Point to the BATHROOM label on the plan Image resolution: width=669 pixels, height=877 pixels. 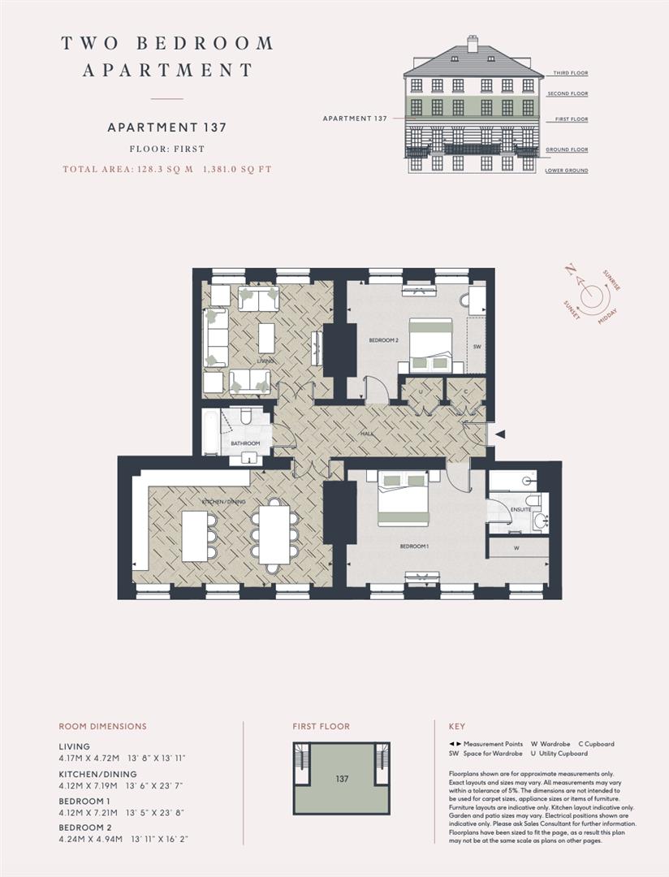click(245, 443)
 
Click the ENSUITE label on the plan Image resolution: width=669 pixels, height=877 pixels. click(520, 509)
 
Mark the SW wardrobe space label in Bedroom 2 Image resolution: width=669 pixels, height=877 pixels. click(477, 346)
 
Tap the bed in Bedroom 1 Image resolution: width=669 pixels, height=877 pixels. click(403, 499)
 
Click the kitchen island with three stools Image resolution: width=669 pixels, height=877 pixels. click(194, 536)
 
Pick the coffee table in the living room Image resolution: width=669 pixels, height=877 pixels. click(266, 337)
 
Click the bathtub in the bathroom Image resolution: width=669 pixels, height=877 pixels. click(211, 432)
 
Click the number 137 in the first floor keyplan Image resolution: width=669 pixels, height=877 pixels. click(342, 779)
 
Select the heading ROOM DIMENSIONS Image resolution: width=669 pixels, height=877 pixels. click(102, 727)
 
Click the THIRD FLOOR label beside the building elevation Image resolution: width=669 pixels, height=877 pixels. click(570, 73)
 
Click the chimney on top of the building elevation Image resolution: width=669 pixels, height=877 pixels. click(473, 43)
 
